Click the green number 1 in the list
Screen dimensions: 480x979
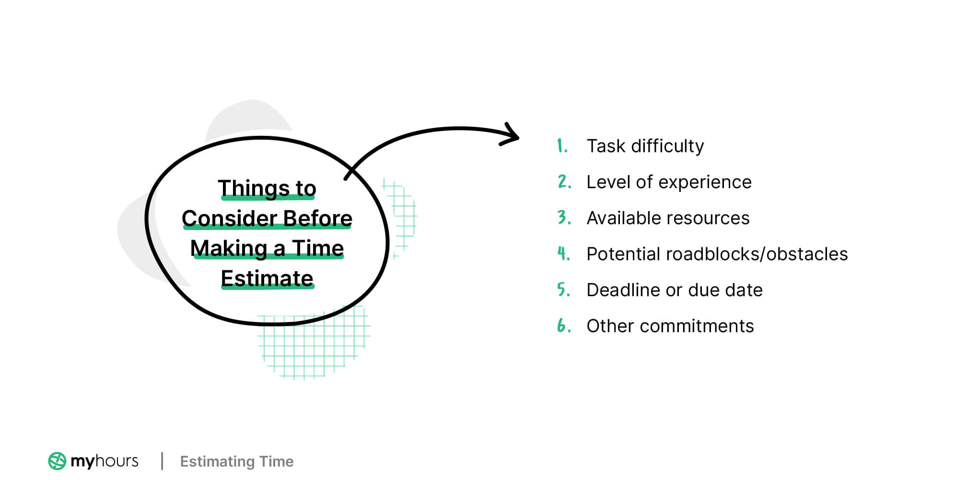(561, 145)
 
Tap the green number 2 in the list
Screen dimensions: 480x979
(564, 181)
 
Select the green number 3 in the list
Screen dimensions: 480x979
(563, 217)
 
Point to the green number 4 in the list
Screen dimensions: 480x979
(563, 253)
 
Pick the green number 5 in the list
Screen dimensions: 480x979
(563, 289)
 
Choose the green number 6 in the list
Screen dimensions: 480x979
(563, 325)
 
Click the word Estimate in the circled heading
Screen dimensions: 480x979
(267, 278)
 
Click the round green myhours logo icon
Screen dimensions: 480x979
(57, 461)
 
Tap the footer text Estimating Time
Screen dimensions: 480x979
(236, 461)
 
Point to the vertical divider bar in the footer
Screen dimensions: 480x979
(162, 461)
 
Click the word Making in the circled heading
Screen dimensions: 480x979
(229, 249)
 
